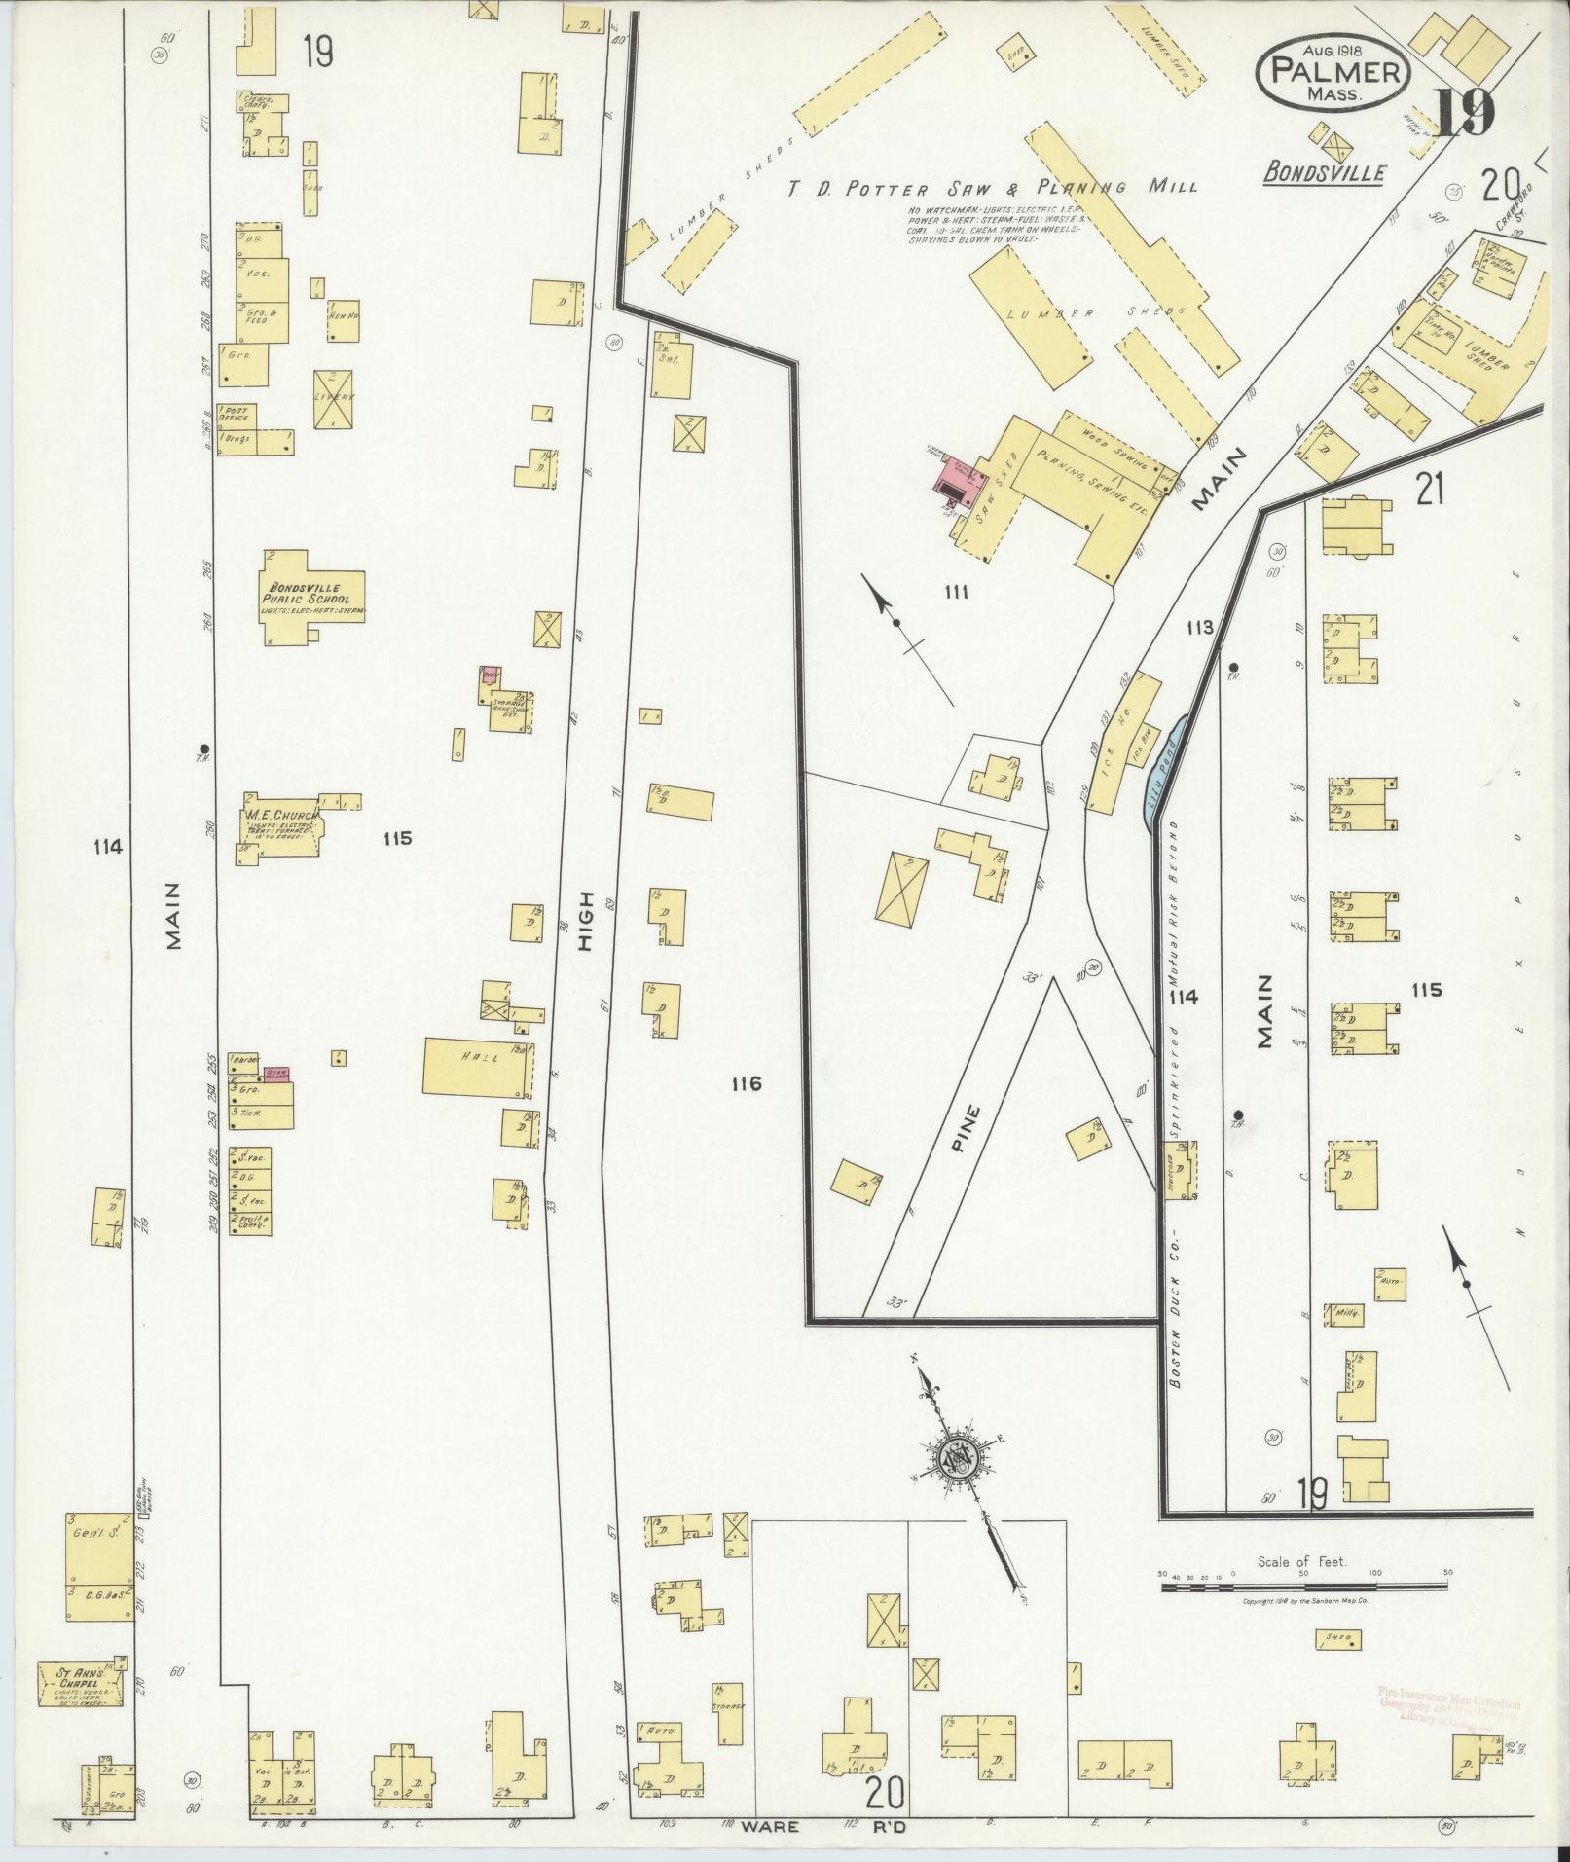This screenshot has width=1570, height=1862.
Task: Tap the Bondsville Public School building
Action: (310, 596)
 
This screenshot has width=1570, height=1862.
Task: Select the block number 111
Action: (956, 592)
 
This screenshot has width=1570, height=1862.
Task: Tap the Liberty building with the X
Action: (334, 399)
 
